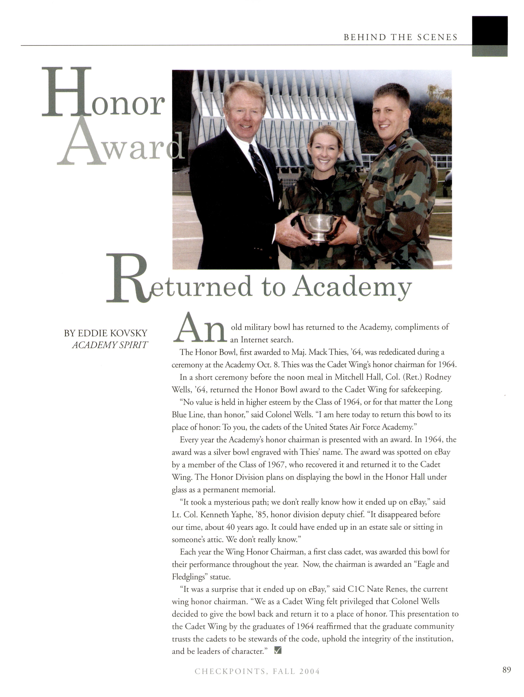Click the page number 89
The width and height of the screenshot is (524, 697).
(x=506, y=678)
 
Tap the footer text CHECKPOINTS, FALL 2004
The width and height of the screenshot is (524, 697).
(x=257, y=680)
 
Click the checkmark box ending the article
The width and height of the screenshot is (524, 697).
(x=278, y=650)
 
